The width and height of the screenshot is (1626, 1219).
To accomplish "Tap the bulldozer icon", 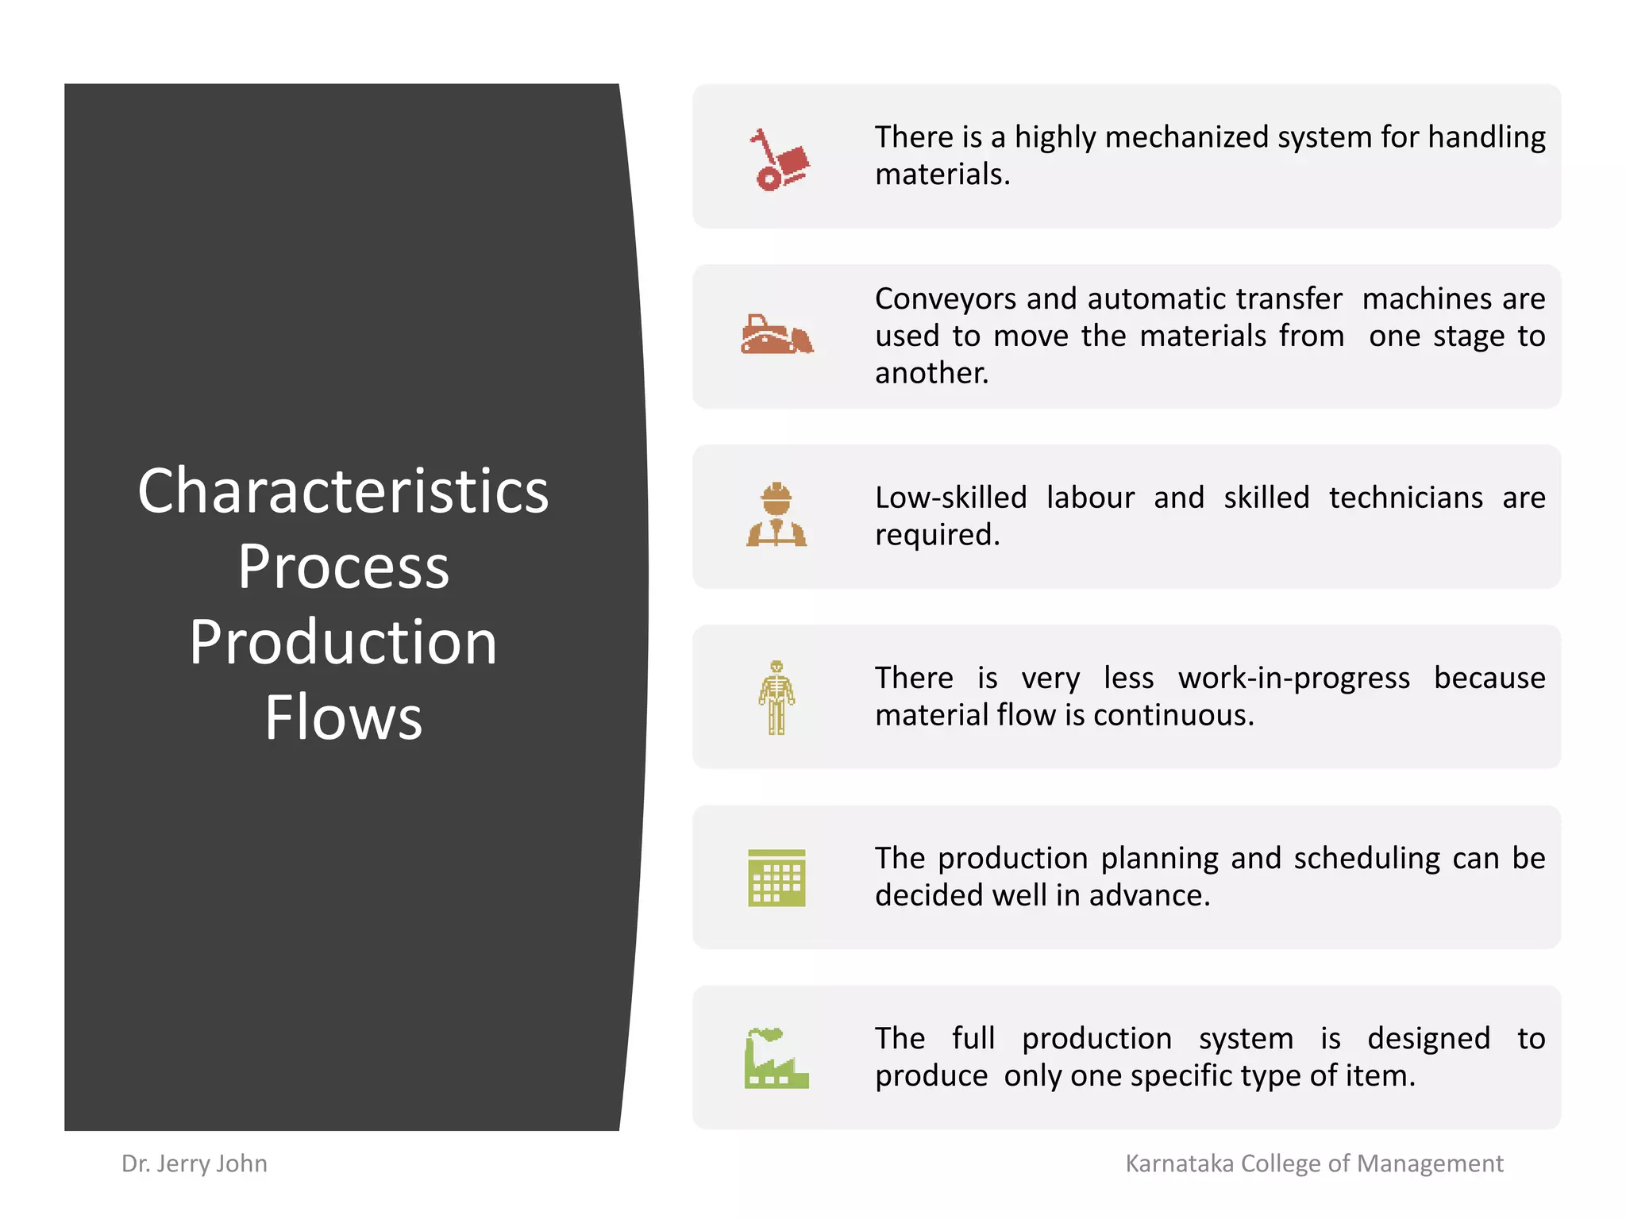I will (x=776, y=334).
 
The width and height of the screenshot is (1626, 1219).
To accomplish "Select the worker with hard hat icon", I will (x=776, y=514).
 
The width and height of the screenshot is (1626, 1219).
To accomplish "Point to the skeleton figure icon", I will (x=776, y=697).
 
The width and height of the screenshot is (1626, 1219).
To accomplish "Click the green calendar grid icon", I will (x=776, y=878).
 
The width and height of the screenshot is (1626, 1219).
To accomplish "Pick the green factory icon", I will (x=776, y=1058).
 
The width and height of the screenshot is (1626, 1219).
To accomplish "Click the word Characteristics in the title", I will (x=343, y=491).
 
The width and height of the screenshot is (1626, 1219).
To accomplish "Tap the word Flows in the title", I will (x=343, y=717).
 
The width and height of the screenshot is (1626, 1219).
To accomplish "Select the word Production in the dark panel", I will (x=343, y=642).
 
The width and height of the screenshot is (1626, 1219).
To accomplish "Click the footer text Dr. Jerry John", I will (x=195, y=1163).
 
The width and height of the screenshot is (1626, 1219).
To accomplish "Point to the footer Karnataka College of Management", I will (x=1314, y=1163).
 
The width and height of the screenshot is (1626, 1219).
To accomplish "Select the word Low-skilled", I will (x=950, y=498).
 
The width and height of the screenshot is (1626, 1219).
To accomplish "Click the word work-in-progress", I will (x=1293, y=679).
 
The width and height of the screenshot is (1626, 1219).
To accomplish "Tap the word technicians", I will (x=1405, y=498).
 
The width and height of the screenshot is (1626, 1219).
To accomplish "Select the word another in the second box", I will (x=931, y=373).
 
